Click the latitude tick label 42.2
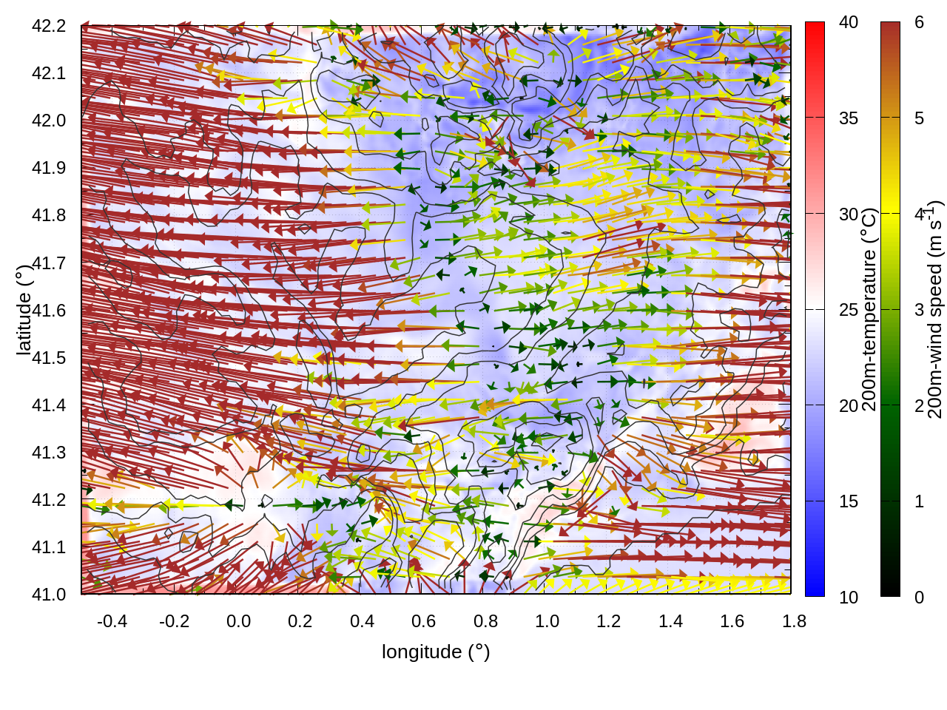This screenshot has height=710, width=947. pos(49,26)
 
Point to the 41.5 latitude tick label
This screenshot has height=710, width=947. pos(49,358)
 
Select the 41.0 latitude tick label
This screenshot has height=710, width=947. pos(49,595)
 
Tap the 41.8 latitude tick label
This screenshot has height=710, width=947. pos(49,215)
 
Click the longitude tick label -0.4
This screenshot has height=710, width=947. pos(112,621)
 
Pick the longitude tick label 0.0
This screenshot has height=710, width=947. pos(238,621)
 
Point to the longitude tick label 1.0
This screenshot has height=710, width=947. pos(547,621)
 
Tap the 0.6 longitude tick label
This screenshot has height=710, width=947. pos(423,621)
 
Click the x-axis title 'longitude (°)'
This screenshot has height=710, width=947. pos(436,652)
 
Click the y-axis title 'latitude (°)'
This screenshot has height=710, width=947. pos(24,310)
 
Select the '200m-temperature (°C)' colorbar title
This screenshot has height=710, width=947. pos(869,309)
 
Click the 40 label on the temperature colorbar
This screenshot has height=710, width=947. pos(849,23)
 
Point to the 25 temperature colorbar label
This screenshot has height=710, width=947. pos(849,310)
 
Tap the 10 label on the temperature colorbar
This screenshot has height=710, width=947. pos(849,598)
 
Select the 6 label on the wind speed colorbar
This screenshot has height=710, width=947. pos(919,23)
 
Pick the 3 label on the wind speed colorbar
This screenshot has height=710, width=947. pos(919,310)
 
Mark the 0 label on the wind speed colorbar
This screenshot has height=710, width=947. pos(919,598)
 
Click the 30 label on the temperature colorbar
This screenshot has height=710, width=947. pos(849,214)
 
